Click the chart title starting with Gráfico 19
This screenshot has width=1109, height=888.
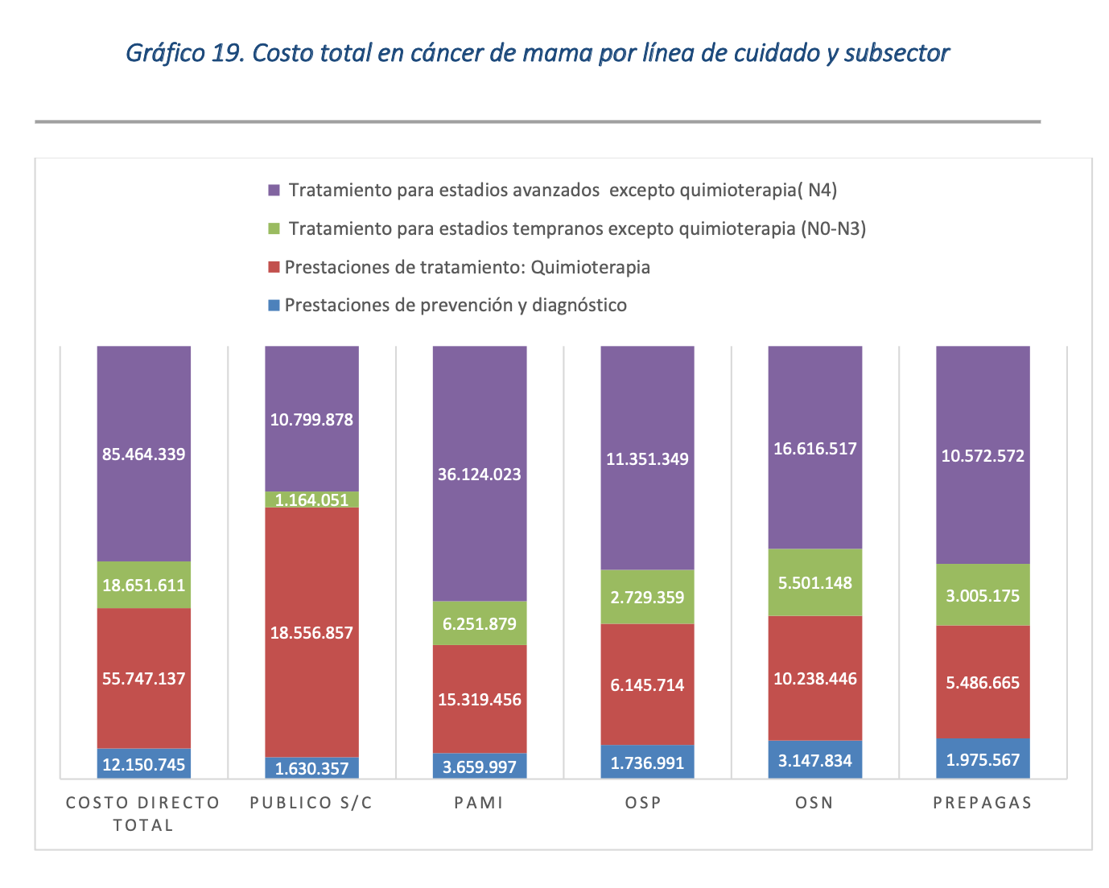pos(537,53)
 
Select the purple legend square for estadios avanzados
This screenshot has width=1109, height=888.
pos(274,191)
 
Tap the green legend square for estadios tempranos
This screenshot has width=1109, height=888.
pos(274,229)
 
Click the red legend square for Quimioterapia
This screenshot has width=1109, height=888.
pos(274,267)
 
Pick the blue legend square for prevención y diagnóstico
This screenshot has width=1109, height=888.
pos(274,306)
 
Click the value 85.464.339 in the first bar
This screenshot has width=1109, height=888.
pos(143,454)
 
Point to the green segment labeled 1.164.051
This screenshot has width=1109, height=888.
pos(311,499)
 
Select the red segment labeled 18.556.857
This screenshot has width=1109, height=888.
pos(311,633)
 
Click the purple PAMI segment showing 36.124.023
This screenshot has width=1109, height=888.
pos(480,475)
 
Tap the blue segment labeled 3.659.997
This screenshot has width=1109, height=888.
pos(480,767)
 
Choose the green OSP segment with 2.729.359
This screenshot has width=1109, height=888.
pos(647,597)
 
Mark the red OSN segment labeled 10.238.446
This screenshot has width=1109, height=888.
pos(815,679)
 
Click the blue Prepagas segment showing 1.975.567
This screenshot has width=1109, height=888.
pos(983,759)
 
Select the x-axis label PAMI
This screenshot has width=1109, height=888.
pos(480,803)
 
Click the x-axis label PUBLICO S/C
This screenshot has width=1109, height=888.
pos(311,803)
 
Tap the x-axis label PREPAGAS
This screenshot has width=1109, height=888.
pos(983,803)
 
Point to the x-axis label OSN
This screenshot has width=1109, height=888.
pos(815,803)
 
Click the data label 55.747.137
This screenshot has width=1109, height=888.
pos(143,679)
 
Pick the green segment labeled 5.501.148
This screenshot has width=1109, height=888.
pos(815,582)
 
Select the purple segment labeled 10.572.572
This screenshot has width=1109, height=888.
pos(983,456)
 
